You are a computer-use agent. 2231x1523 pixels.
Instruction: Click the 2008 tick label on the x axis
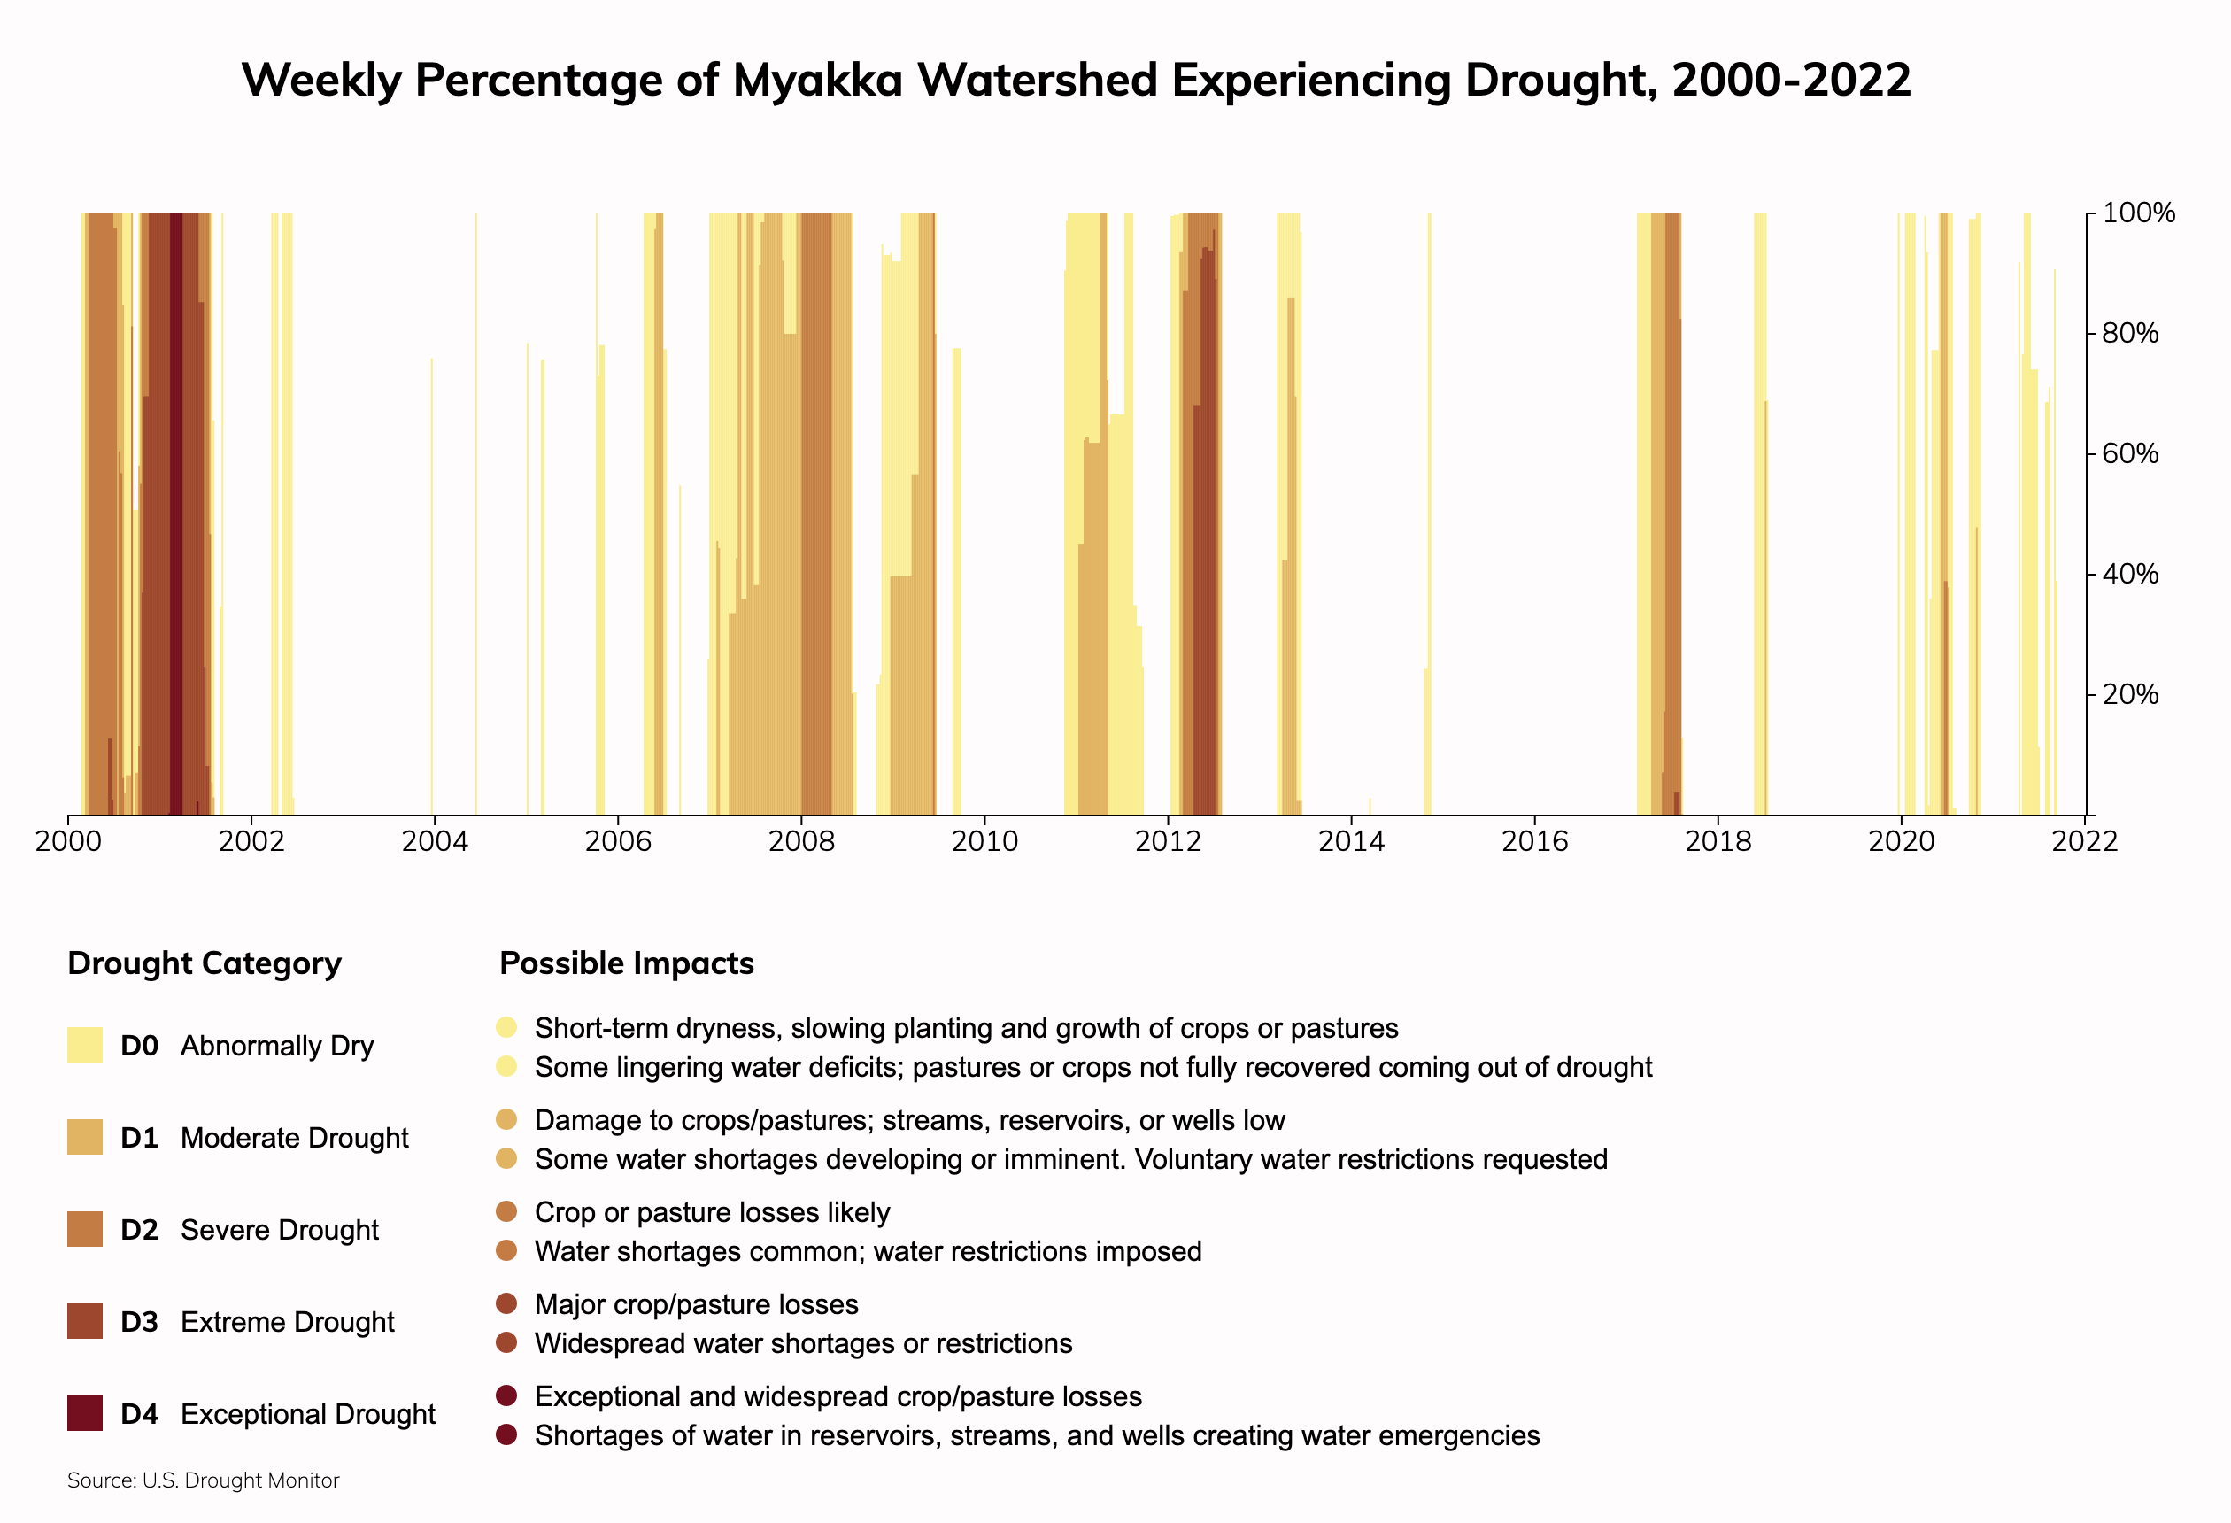(x=800, y=842)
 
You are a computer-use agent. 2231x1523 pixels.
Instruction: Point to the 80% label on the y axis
(x=2129, y=333)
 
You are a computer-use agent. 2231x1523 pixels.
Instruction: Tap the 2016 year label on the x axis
(x=1534, y=842)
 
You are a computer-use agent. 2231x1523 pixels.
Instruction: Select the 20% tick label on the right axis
(x=2129, y=694)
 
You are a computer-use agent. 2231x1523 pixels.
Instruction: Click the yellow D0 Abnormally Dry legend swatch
(x=84, y=1045)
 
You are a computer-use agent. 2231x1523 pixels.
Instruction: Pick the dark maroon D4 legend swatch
(x=84, y=1413)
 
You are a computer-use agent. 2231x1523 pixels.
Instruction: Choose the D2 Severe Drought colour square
(x=84, y=1229)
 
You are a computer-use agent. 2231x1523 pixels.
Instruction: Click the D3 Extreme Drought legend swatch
(x=84, y=1321)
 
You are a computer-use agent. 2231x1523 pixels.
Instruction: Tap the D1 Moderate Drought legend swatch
(x=84, y=1137)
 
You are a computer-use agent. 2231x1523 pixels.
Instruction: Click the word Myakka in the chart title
(x=817, y=80)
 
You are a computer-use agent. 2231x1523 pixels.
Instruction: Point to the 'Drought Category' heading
(x=204, y=963)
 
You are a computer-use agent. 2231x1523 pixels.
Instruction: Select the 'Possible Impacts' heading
(x=626, y=963)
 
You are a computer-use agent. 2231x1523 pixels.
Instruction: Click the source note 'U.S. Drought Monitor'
(x=240, y=1480)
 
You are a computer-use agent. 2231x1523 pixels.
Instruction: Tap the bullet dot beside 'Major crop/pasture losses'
(x=507, y=1304)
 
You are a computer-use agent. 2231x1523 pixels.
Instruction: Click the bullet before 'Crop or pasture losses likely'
(x=507, y=1212)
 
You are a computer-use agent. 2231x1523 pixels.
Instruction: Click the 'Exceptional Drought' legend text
(x=307, y=1413)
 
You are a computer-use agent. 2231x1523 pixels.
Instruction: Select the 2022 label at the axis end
(x=2083, y=842)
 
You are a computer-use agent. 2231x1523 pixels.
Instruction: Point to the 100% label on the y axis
(x=2138, y=213)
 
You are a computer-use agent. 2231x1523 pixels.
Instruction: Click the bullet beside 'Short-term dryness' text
(x=507, y=1027)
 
